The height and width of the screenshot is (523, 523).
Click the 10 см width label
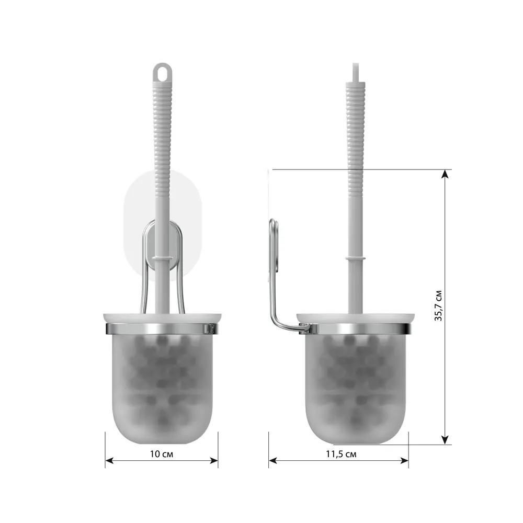161,454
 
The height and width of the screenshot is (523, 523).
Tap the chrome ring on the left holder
162,328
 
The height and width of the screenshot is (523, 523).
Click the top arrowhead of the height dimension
445,174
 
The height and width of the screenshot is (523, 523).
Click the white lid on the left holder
162,318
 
